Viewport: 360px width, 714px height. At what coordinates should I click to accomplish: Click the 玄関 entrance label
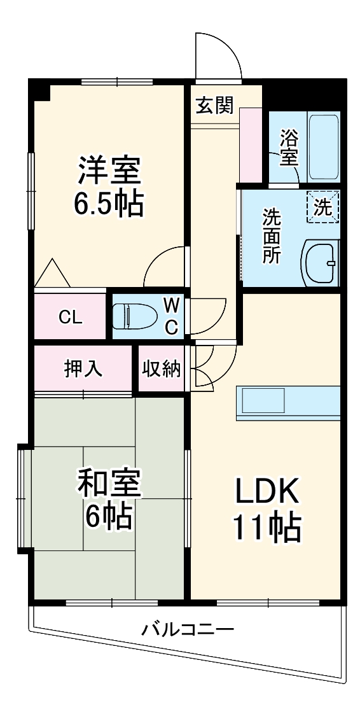pyautogui.click(x=214, y=106)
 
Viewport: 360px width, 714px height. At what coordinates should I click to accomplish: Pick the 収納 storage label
pyautogui.click(x=162, y=368)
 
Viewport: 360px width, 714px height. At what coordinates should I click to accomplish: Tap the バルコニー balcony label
pyautogui.click(x=188, y=630)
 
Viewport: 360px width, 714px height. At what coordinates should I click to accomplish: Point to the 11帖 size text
pyautogui.click(x=267, y=527)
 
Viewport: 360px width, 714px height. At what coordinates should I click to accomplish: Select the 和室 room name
pyautogui.click(x=108, y=484)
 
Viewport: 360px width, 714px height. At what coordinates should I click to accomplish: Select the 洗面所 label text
pyautogui.click(x=272, y=237)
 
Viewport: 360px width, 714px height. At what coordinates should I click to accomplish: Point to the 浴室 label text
pyautogui.click(x=289, y=146)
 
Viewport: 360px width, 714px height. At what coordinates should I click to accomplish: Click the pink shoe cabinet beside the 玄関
pyautogui.click(x=251, y=145)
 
